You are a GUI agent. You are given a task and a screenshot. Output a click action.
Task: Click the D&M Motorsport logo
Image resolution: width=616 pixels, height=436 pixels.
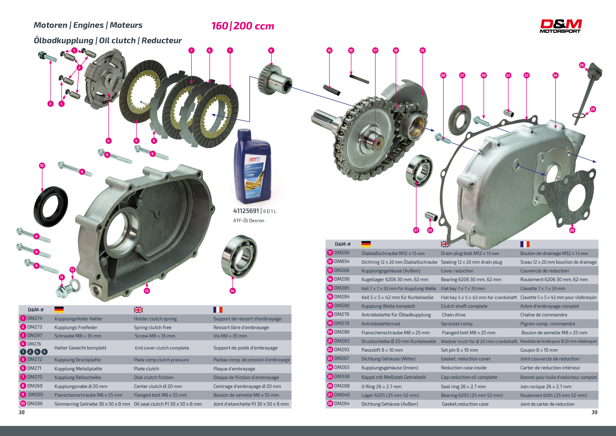[560, 26]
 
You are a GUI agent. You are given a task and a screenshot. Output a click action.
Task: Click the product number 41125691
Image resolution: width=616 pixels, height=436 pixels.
[246, 211]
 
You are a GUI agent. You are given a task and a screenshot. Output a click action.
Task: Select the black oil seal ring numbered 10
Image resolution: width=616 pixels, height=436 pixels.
[51, 207]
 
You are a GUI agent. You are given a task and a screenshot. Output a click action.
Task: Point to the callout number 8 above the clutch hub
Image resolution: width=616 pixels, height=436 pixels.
[271, 50]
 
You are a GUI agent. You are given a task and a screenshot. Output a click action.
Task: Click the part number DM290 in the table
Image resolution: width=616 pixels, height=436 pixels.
[342, 253]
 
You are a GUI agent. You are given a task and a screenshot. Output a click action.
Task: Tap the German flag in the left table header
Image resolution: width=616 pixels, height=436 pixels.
[59, 309]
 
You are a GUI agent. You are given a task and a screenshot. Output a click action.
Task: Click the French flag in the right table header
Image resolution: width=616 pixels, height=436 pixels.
[525, 244]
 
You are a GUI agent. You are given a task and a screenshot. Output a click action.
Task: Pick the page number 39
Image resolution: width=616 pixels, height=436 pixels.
[594, 412]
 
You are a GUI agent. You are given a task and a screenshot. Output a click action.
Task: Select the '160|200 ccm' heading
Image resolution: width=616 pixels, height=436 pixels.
[243, 26]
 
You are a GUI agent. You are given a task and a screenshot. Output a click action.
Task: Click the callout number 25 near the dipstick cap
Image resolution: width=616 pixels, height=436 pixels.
[582, 65]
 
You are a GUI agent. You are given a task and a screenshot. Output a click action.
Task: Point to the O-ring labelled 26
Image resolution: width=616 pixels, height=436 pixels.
[579, 115]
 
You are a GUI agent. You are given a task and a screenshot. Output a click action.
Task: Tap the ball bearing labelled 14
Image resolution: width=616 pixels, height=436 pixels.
[239, 256]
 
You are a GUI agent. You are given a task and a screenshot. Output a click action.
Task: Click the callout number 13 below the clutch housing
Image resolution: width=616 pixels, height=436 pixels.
[147, 291]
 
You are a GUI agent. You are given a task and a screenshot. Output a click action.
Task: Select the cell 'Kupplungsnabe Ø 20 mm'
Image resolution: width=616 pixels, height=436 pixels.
[81, 386]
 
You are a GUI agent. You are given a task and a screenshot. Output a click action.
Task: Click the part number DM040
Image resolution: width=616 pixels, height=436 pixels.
[342, 395]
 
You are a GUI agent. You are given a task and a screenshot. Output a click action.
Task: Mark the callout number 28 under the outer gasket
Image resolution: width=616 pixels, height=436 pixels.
[572, 230]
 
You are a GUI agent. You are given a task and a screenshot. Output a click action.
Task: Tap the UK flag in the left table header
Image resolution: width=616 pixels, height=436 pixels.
[138, 310]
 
